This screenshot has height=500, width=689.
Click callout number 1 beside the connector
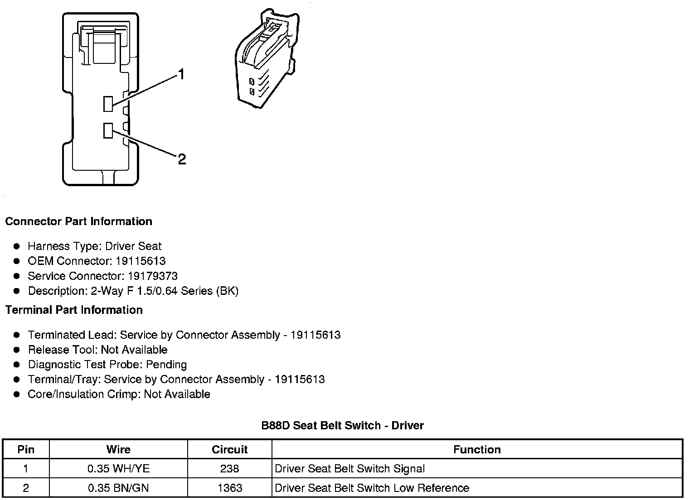pos(181,74)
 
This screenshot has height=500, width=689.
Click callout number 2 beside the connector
pos(182,159)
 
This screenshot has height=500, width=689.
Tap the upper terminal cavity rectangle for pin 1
pos(108,104)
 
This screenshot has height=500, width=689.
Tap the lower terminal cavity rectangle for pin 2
pos(108,130)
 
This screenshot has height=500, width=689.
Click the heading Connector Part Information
pos(78,221)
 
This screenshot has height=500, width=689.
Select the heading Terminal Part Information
pos(74,310)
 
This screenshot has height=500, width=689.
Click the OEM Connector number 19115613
pos(141,261)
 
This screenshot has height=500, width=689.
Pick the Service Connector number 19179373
pos(152,276)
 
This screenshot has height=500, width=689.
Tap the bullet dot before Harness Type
pos(17,246)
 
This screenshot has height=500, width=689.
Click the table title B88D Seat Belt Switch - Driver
pos(342,426)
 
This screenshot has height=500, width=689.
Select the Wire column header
pos(118,450)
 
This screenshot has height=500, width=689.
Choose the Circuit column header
pos(229,450)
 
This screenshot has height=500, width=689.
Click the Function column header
pos(477,450)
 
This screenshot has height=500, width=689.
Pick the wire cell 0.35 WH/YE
pos(118,469)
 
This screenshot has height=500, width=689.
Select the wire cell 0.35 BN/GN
pos(118,488)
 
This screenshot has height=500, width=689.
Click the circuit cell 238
pos(229,469)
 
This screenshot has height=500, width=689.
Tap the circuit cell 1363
pos(229,488)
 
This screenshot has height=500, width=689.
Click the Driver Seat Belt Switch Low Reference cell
pos(372,488)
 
